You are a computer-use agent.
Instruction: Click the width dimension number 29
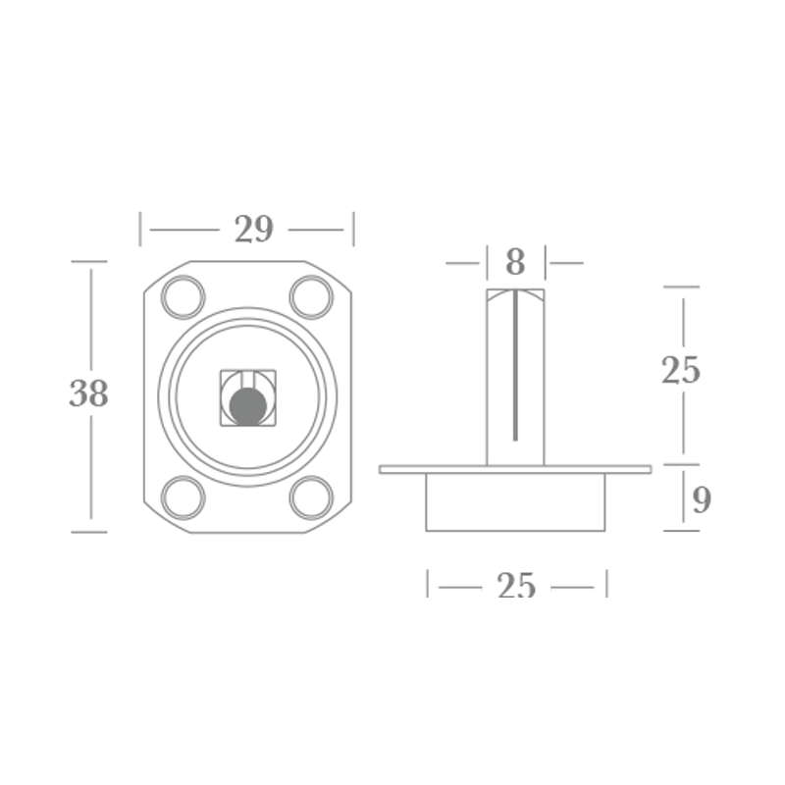(x=253, y=230)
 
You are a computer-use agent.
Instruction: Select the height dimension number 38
(x=88, y=394)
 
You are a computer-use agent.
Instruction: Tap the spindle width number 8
(x=515, y=263)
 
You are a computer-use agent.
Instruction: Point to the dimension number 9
(x=701, y=500)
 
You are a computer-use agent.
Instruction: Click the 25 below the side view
(x=516, y=586)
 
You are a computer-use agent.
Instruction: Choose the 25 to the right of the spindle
(x=681, y=371)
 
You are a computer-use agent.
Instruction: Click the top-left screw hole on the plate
(x=183, y=297)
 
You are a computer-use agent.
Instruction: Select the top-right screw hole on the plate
(x=311, y=297)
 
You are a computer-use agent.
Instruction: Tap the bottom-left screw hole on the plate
(x=183, y=497)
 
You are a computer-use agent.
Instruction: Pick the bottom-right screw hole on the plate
(x=311, y=497)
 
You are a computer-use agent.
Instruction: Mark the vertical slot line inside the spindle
(x=515, y=368)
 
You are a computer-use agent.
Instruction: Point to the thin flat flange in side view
(x=515, y=470)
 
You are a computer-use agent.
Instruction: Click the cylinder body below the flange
(x=515, y=502)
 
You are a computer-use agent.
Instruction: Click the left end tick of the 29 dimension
(x=141, y=230)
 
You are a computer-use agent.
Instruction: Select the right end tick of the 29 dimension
(x=353, y=230)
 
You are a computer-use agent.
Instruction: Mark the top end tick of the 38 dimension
(x=89, y=262)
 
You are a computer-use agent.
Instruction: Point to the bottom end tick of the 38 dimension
(x=89, y=532)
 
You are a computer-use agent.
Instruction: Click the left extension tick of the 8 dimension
(x=487, y=263)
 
